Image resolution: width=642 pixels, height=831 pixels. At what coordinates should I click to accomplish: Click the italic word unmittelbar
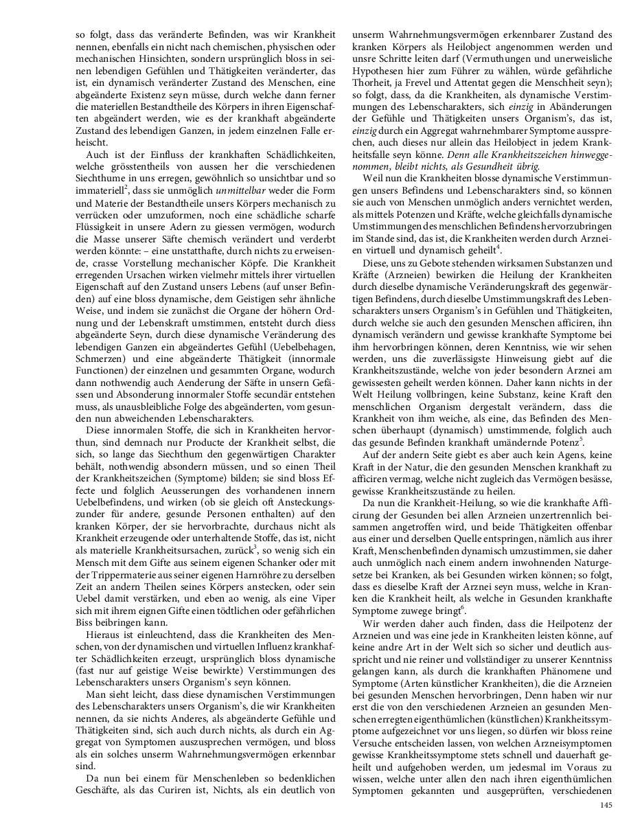238,190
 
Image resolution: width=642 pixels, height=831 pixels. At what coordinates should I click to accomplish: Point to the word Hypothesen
378,70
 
